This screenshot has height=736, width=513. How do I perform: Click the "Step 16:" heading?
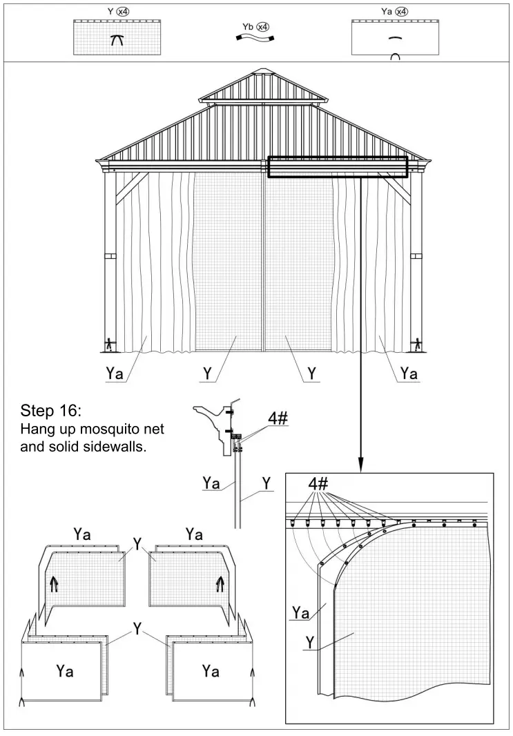[51, 410]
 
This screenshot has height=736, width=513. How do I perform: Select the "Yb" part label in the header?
[247, 27]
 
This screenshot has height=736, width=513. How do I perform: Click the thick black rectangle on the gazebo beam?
[338, 167]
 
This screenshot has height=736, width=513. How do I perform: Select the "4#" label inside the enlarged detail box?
[318, 484]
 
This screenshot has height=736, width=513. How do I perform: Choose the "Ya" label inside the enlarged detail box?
[300, 612]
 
